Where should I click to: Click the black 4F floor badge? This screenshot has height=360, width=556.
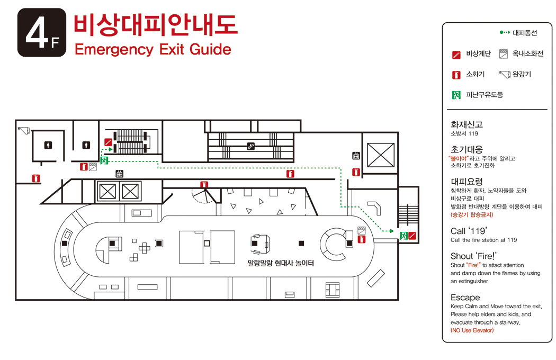click(x=42, y=33)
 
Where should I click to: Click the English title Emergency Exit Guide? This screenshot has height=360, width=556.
click(x=153, y=50)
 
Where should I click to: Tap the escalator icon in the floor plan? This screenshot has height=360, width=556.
click(x=250, y=146)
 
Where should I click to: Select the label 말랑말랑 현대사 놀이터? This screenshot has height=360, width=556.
click(x=281, y=263)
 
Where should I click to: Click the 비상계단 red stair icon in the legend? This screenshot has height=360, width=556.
click(x=456, y=55)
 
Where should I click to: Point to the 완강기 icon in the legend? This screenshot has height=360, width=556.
click(x=504, y=74)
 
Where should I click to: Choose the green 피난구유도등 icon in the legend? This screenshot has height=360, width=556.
click(x=456, y=95)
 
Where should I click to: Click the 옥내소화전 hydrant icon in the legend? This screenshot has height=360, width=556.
click(x=504, y=54)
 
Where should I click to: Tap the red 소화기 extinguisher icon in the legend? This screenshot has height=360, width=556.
click(x=456, y=75)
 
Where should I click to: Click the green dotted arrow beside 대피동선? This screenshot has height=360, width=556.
click(x=505, y=32)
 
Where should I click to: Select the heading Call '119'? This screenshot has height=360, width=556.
click(x=469, y=231)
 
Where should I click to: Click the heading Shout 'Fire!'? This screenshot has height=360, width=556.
click(x=473, y=256)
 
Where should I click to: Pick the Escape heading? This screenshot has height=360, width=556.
click(x=465, y=298)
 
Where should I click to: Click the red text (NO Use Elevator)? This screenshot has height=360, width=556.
click(x=472, y=330)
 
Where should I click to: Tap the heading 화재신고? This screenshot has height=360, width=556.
click(x=467, y=124)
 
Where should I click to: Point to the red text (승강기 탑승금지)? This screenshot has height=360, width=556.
click(x=472, y=214)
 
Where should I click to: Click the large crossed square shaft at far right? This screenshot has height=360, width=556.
click(x=381, y=155)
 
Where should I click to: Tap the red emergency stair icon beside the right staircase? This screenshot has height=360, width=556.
click(x=411, y=236)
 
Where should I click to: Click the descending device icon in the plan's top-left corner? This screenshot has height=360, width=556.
click(x=24, y=131)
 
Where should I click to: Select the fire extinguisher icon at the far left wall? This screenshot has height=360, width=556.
click(x=36, y=178)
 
